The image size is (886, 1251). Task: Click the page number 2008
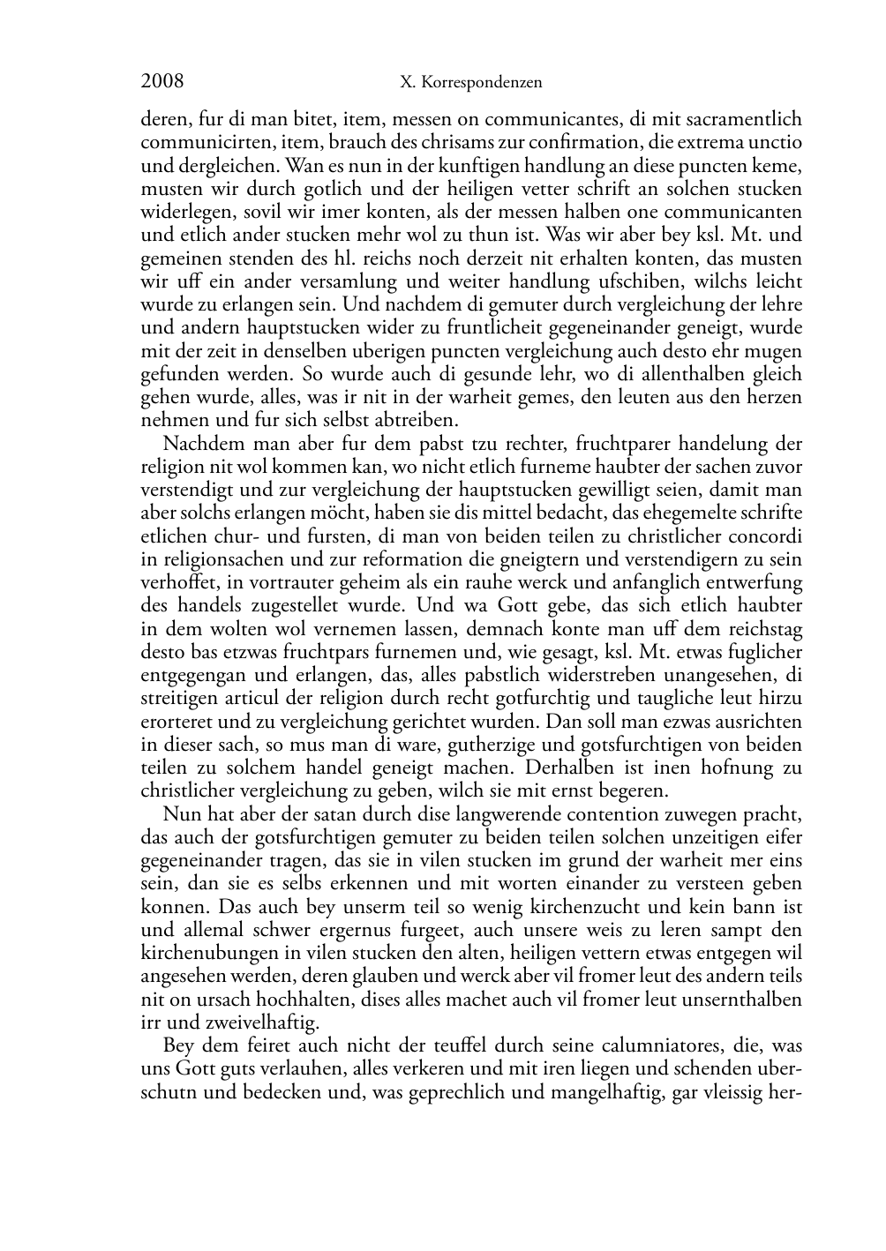coord(162,82)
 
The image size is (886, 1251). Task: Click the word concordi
coord(769,536)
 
